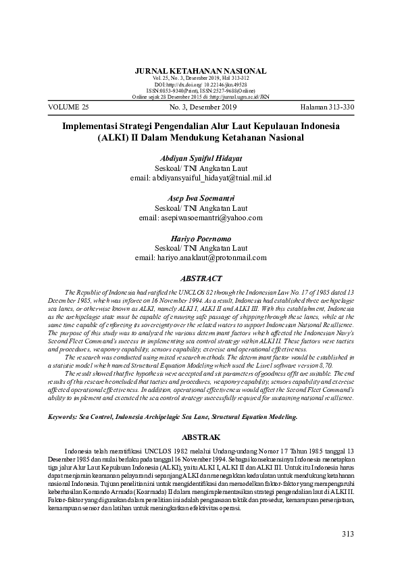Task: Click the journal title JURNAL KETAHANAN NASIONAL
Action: click(201, 71)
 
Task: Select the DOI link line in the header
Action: click(201, 84)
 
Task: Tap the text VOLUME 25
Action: click(69, 107)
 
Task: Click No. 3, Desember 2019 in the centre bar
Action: click(201, 107)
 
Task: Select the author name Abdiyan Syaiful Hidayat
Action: click(201, 158)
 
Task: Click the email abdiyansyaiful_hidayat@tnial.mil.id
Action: click(201, 178)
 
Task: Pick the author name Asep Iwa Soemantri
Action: click(201, 198)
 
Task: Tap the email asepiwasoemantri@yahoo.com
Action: click(201, 218)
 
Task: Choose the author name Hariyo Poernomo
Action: click(201, 238)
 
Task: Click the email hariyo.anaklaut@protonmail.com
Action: click(201, 257)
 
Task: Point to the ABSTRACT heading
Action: click(201, 278)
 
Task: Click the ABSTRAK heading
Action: click(201, 437)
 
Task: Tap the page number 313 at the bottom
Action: click(347, 535)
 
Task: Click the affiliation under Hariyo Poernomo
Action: click(201, 247)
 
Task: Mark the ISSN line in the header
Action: click(201, 90)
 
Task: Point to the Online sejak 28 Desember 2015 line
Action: click(201, 96)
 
